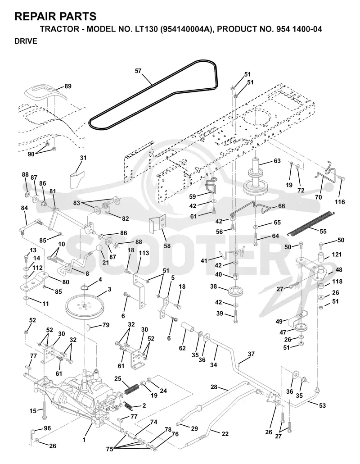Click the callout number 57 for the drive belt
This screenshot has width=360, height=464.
[x=138, y=71]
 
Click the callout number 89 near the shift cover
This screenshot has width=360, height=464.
[x=68, y=86]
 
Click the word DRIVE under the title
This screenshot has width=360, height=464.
[x=26, y=41]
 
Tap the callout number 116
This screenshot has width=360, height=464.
[x=340, y=202]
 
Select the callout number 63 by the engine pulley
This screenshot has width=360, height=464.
[x=277, y=161]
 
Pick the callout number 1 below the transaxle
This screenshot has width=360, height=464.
[x=84, y=440]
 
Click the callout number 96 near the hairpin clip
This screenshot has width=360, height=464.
[x=47, y=428]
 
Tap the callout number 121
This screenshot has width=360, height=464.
[x=337, y=255]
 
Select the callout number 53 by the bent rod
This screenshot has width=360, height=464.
[x=322, y=405]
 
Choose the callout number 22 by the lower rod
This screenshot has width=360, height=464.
[x=225, y=433]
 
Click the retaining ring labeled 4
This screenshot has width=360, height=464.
[x=85, y=287]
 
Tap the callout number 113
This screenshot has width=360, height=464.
[x=144, y=253]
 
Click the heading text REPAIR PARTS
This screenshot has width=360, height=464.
[x=55, y=16]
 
